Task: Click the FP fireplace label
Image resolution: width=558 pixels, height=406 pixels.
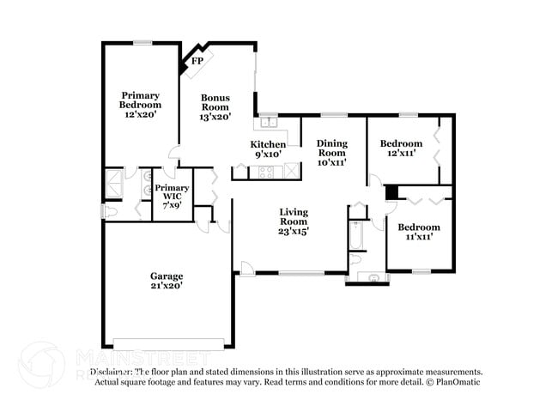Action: click(197, 61)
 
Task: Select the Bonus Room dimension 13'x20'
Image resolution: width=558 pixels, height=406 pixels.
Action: click(215, 117)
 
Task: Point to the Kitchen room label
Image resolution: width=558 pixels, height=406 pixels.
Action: click(268, 143)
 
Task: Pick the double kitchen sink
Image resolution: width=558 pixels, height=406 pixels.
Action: click(269, 122)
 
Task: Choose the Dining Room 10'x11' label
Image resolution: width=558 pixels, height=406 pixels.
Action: click(331, 152)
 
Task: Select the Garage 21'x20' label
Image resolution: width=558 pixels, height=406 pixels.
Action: click(167, 281)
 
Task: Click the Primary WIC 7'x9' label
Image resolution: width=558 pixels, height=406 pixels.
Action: click(172, 197)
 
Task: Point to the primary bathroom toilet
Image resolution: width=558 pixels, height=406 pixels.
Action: click(111, 211)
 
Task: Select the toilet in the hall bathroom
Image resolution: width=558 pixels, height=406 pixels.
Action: click(356, 258)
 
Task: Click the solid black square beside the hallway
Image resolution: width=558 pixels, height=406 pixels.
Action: click(391, 193)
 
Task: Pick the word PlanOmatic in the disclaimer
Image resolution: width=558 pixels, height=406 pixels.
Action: click(459, 381)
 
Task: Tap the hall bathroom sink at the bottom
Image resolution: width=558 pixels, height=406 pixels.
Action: click(372, 277)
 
